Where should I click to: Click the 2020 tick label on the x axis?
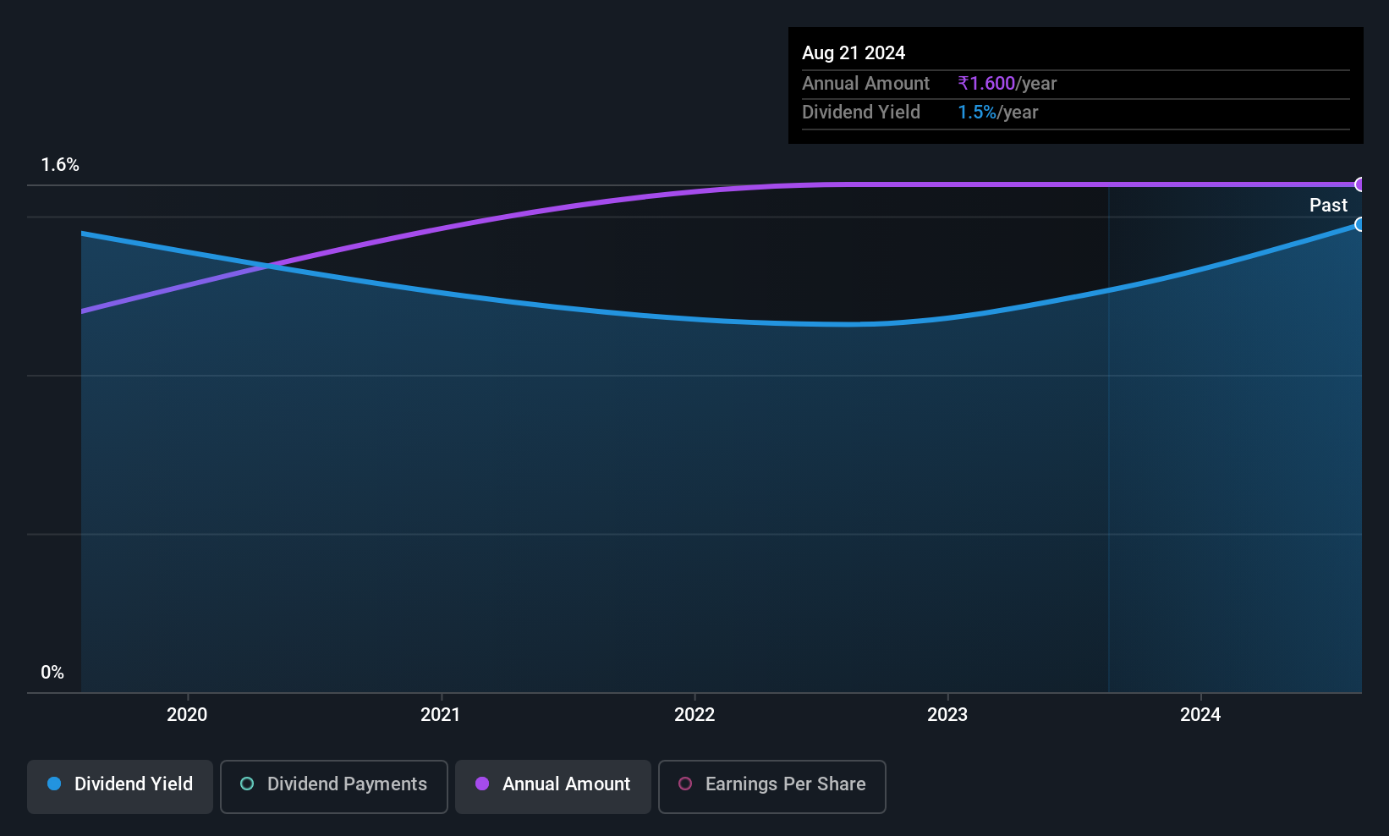pyautogui.click(x=187, y=714)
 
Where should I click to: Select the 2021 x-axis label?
pyautogui.click(x=440, y=714)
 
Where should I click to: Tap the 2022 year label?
pyautogui.click(x=694, y=714)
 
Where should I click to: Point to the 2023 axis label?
pyautogui.click(x=947, y=714)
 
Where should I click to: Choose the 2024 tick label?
pyautogui.click(x=1200, y=714)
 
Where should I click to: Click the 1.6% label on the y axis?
pyautogui.click(x=60, y=165)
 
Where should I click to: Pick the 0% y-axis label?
pyautogui.click(x=52, y=673)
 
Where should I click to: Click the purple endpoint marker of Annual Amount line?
pyautogui.click(x=1359, y=184)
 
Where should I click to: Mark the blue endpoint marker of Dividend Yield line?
pyautogui.click(x=1359, y=224)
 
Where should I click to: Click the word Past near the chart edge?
pyautogui.click(x=1328, y=206)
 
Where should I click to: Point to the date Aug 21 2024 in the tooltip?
pyautogui.click(x=854, y=53)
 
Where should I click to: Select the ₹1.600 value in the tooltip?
pyautogui.click(x=986, y=83)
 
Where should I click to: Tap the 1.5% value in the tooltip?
pyautogui.click(x=977, y=113)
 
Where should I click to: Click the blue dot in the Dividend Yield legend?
pyautogui.click(x=54, y=784)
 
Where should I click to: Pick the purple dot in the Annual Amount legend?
pyautogui.click(x=482, y=784)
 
